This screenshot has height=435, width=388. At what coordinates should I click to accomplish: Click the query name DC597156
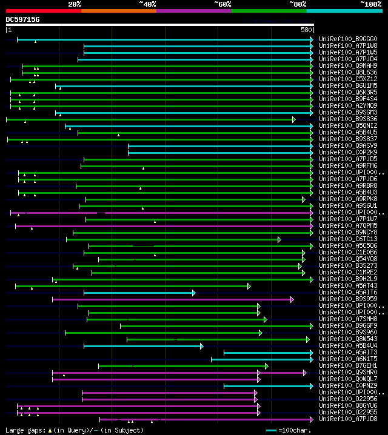click(x=23, y=20)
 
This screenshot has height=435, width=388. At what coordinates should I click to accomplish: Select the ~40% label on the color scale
click(x=147, y=4)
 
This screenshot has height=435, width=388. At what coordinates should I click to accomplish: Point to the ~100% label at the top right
click(x=371, y=4)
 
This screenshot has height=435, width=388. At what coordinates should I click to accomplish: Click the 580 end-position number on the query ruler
click(x=306, y=29)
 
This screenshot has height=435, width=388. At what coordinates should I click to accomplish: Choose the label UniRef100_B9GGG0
click(x=347, y=39)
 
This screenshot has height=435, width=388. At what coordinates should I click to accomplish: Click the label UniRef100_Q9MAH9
click(x=347, y=65)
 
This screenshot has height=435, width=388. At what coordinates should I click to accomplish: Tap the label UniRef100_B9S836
click(x=347, y=119)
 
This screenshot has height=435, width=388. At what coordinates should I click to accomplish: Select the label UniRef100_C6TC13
click(x=347, y=239)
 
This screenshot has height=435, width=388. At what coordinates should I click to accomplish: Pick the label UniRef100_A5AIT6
click(x=347, y=292)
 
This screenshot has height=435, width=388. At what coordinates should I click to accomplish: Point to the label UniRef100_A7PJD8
click(x=347, y=419)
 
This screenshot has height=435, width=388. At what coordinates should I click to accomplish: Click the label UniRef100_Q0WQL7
click(x=347, y=379)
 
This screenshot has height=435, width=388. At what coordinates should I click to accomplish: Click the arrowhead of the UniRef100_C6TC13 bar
click(x=279, y=239)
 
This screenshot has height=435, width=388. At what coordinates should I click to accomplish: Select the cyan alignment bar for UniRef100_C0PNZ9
click(x=267, y=386)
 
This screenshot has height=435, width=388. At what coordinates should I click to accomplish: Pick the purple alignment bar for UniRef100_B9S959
click(x=170, y=299)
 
